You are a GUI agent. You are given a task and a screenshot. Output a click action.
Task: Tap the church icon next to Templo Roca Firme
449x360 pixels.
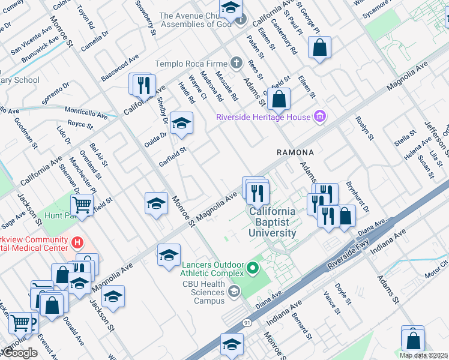pos(237,63)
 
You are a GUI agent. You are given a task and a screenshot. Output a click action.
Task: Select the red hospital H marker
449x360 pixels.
pos(76,243)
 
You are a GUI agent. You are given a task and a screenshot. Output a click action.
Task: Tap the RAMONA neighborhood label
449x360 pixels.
pos(295,153)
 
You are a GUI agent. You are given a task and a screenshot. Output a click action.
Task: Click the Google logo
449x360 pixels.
pos(19,353)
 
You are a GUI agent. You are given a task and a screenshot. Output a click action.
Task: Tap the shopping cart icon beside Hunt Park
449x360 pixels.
pos(82,206)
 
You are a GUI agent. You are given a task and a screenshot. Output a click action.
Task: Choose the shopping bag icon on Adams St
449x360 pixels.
pos(279,99)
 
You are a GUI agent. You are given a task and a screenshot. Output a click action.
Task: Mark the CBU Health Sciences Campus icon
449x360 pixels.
pos(234,292)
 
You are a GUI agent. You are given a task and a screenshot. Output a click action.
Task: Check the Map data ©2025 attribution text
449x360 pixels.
pos(424,355)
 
